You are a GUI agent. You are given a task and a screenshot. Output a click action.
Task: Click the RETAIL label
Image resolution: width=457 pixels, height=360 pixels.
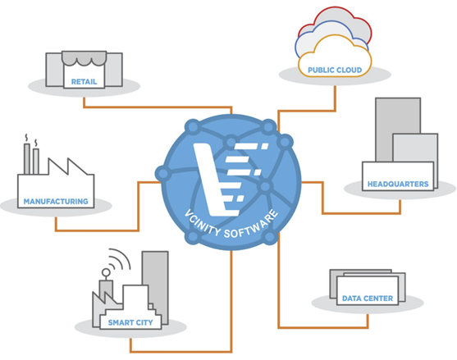point(84,82)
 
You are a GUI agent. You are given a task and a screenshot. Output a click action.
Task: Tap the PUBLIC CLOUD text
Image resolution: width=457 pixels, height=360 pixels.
point(335,71)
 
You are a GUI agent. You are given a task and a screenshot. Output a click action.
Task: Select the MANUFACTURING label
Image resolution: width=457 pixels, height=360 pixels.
point(56,202)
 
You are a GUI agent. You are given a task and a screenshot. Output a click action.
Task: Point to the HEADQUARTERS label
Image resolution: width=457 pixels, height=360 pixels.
point(398,184)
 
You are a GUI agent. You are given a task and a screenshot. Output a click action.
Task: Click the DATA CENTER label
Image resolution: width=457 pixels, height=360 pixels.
point(368,298)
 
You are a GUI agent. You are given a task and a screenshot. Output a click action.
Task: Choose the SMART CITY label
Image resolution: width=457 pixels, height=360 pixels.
point(130,323)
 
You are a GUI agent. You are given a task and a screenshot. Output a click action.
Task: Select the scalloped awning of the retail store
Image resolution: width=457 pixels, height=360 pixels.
point(84,58)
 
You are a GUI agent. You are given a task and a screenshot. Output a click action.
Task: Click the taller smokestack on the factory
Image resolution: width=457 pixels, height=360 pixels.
point(27,159)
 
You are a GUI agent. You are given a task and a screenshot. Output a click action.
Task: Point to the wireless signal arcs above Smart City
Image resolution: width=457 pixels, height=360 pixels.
point(120,258)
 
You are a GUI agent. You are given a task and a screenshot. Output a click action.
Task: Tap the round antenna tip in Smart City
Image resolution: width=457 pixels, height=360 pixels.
point(106,272)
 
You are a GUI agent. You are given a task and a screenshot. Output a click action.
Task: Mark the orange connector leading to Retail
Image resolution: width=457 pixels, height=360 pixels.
point(158,107)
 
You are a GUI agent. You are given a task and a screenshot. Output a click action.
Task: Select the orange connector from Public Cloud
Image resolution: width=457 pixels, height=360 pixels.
point(307,111)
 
